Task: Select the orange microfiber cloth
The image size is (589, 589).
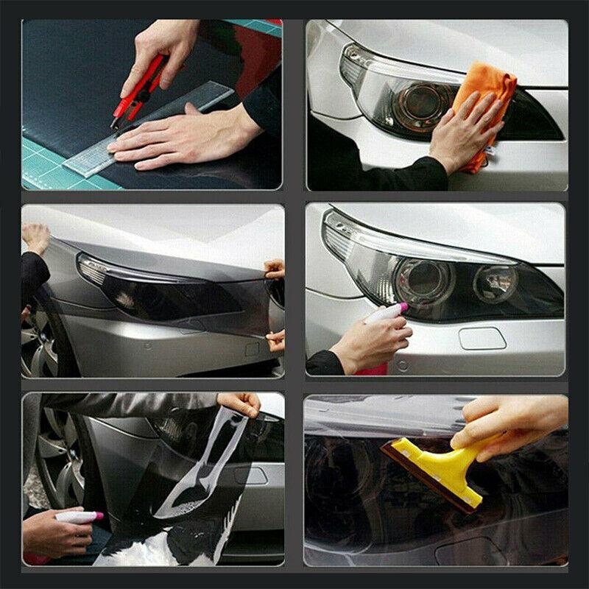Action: pos(483,96)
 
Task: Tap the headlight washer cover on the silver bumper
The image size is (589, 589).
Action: pos(482,339)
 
